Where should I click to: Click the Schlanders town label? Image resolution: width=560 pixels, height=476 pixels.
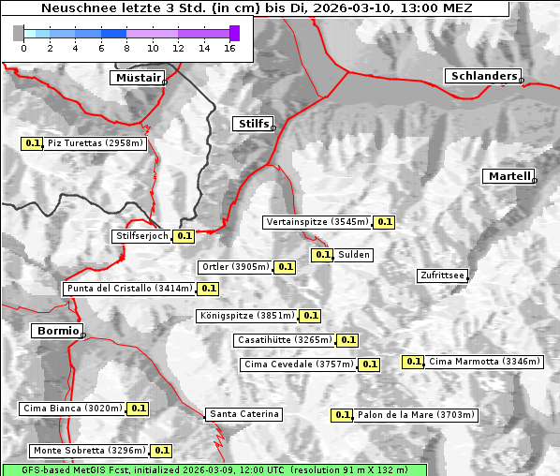pyautogui.click(x=482, y=76)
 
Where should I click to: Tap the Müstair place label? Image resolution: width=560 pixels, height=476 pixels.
pyautogui.click(x=137, y=78)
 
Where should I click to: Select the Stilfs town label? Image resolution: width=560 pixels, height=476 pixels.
pyautogui.click(x=252, y=124)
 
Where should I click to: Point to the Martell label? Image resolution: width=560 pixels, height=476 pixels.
pyautogui.click(x=509, y=176)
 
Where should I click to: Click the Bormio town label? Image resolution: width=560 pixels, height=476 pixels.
pyautogui.click(x=56, y=331)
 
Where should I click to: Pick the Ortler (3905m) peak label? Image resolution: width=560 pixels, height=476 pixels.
pyautogui.click(x=235, y=267)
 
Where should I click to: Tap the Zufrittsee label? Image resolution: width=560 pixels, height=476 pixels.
pyautogui.click(x=442, y=275)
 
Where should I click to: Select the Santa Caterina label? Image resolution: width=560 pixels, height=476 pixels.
pyautogui.click(x=243, y=414)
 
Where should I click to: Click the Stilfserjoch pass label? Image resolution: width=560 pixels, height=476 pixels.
pyautogui.click(x=142, y=236)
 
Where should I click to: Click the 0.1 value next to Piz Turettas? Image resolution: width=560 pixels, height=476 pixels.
pyautogui.click(x=32, y=143)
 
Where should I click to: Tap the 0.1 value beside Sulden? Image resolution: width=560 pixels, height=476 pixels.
pyautogui.click(x=323, y=255)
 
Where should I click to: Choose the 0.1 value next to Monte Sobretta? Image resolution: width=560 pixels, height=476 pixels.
pyautogui.click(x=162, y=451)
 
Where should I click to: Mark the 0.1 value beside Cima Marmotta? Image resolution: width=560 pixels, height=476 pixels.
pyautogui.click(x=413, y=362)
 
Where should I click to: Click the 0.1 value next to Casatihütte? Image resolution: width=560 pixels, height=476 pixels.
pyautogui.click(x=347, y=340)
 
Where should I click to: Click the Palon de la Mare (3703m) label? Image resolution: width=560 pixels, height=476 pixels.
pyautogui.click(x=416, y=415)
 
